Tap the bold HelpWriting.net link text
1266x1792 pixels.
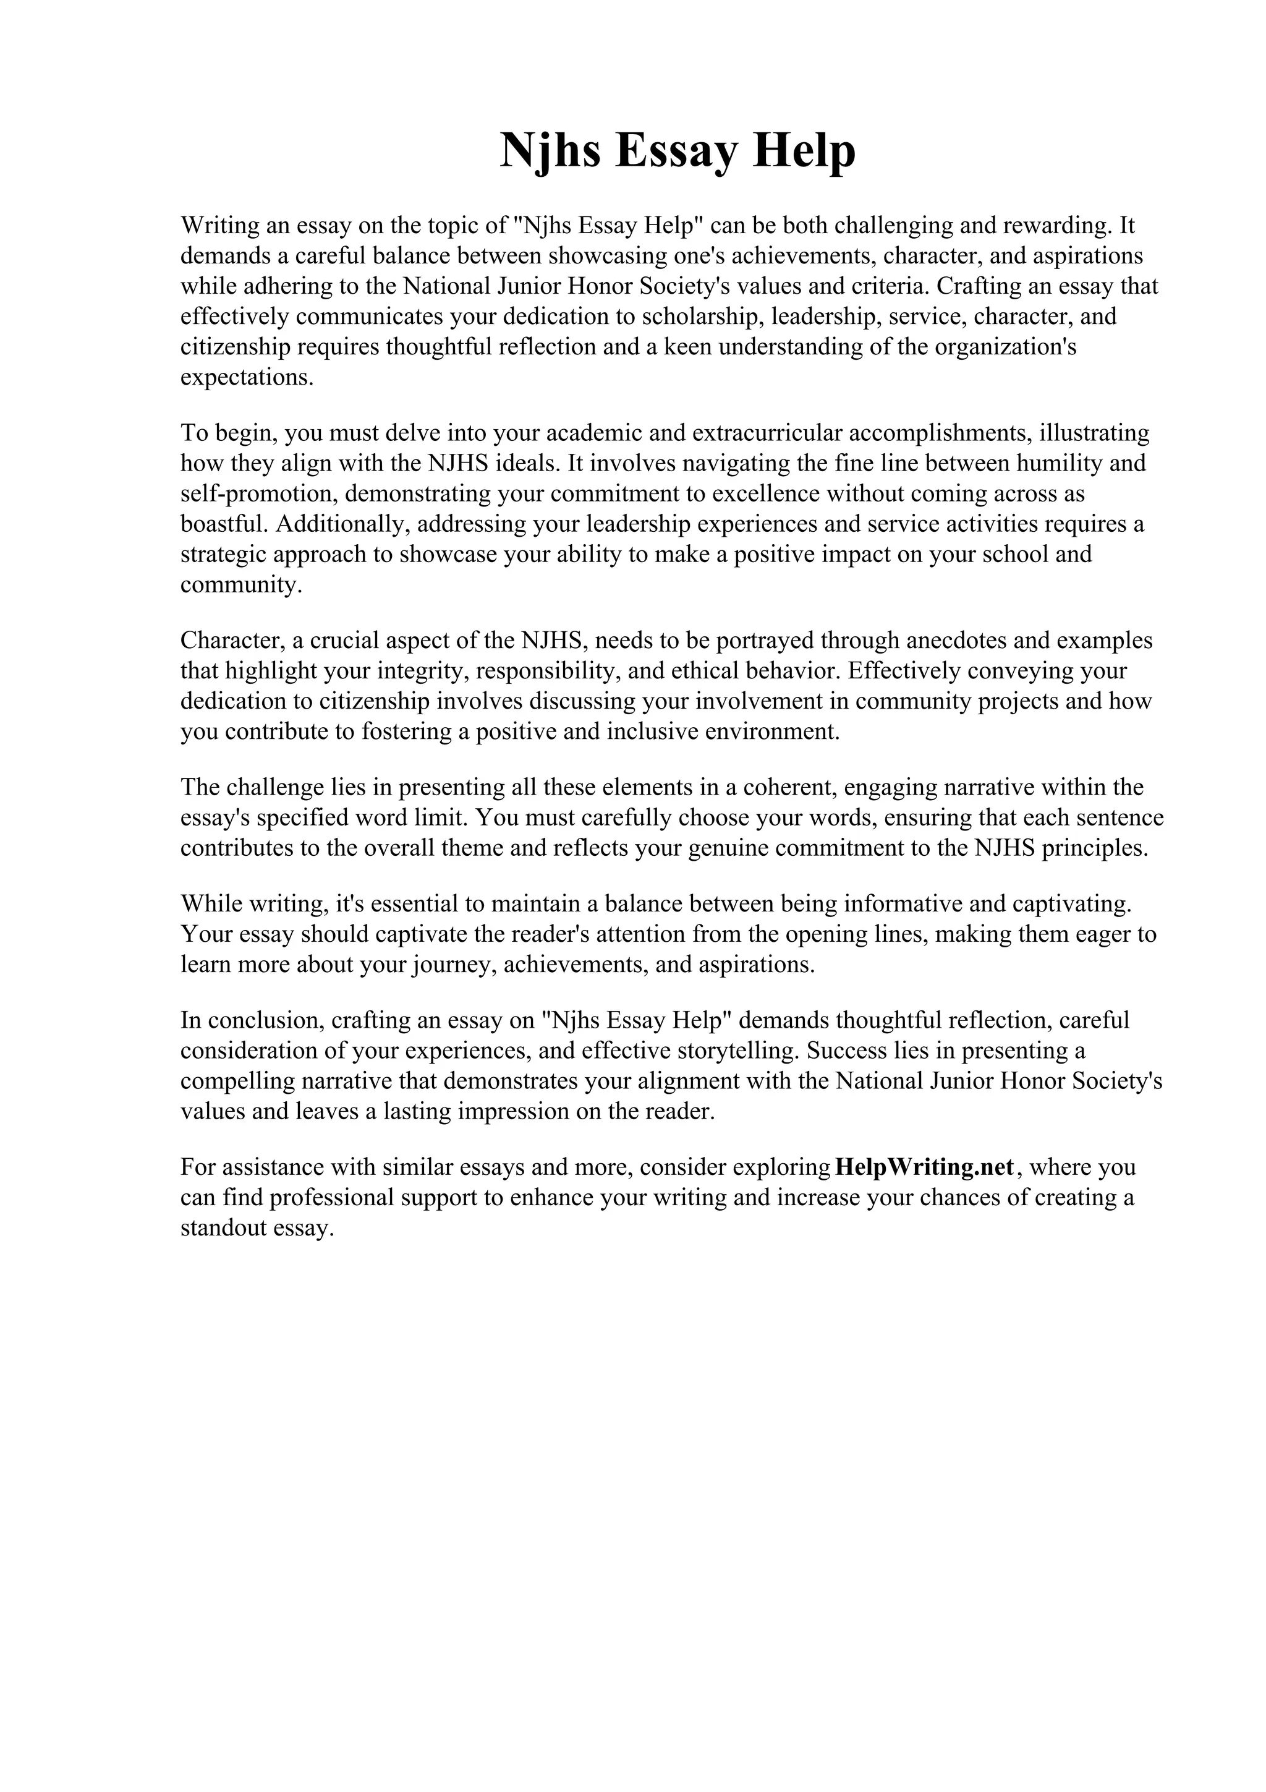click(924, 1167)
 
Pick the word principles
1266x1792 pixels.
click(1099, 848)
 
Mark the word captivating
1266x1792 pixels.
click(1070, 904)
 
